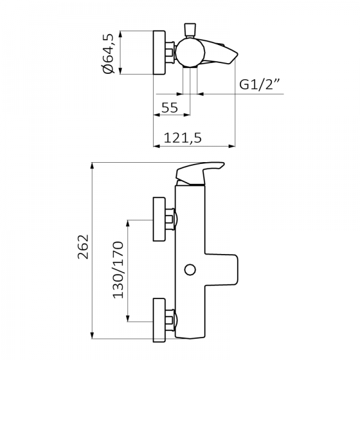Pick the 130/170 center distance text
tap(118, 270)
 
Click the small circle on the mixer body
tap(190, 269)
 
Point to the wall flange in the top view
tap(161, 53)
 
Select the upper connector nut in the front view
tap(173, 219)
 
